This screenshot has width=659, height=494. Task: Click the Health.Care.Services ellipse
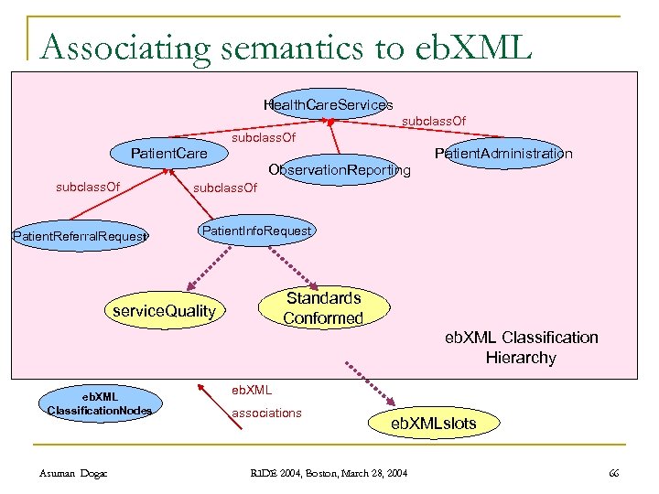pyautogui.click(x=328, y=105)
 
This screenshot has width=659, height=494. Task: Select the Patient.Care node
pyautogui.click(x=168, y=153)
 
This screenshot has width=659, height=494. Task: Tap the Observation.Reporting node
pyautogui.click(x=339, y=170)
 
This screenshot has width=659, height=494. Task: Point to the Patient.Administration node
pyautogui.click(x=503, y=153)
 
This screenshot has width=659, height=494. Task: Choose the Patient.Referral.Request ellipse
pyautogui.click(x=80, y=236)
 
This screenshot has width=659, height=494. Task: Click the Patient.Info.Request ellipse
pyautogui.click(x=255, y=231)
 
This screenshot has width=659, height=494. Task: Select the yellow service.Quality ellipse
pyautogui.click(x=164, y=311)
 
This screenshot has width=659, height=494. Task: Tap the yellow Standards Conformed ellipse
pyautogui.click(x=323, y=308)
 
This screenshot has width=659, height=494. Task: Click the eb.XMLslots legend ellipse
pyautogui.click(x=433, y=423)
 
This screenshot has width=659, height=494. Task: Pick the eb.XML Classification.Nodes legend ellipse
pyautogui.click(x=99, y=403)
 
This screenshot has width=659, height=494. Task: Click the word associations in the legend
pyautogui.click(x=266, y=413)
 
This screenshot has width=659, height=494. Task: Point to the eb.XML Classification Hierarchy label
pyautogui.click(x=521, y=348)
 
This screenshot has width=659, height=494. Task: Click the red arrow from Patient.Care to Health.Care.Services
pyautogui.click(x=247, y=131)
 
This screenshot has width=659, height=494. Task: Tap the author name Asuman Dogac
pyautogui.click(x=74, y=472)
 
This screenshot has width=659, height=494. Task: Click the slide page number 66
pyautogui.click(x=612, y=472)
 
